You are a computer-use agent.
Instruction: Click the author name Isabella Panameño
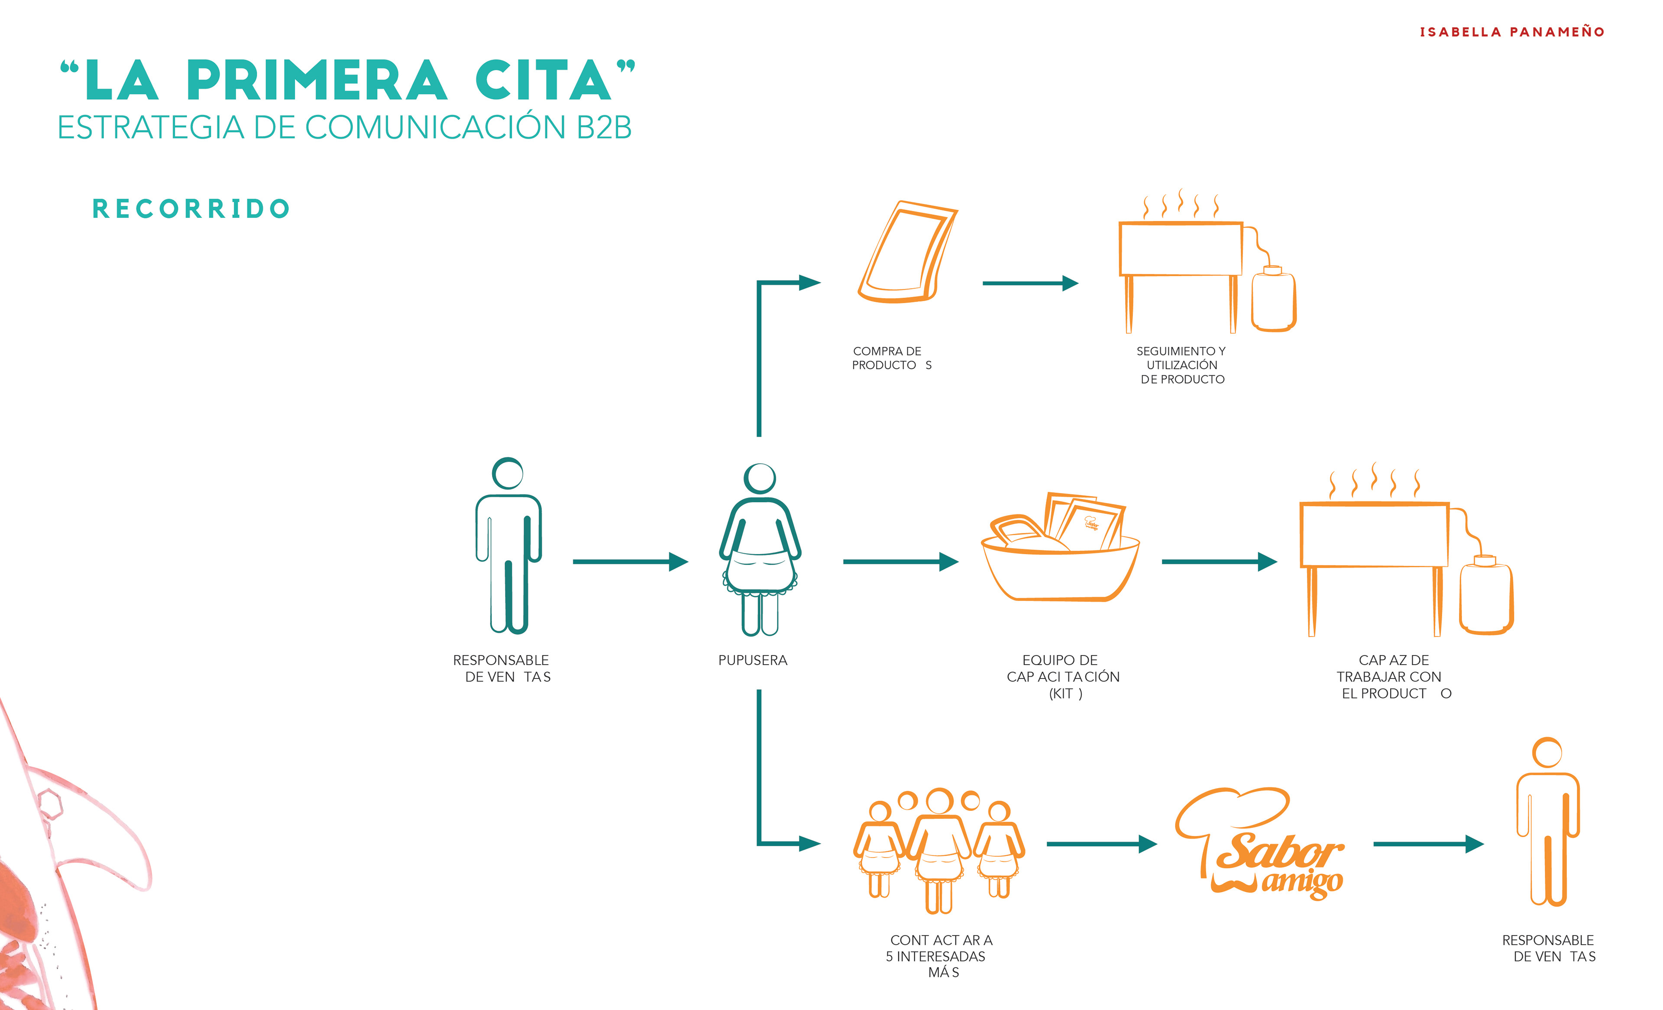1512,32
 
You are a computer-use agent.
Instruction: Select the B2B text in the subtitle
604,127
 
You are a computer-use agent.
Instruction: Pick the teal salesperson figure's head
508,473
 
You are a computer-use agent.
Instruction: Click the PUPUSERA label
753,660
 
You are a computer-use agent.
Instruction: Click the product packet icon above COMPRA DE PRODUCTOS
906,252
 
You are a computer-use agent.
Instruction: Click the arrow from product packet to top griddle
1029,283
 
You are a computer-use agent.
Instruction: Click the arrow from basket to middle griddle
1218,561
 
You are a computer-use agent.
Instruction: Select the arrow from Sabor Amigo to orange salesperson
1427,844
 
